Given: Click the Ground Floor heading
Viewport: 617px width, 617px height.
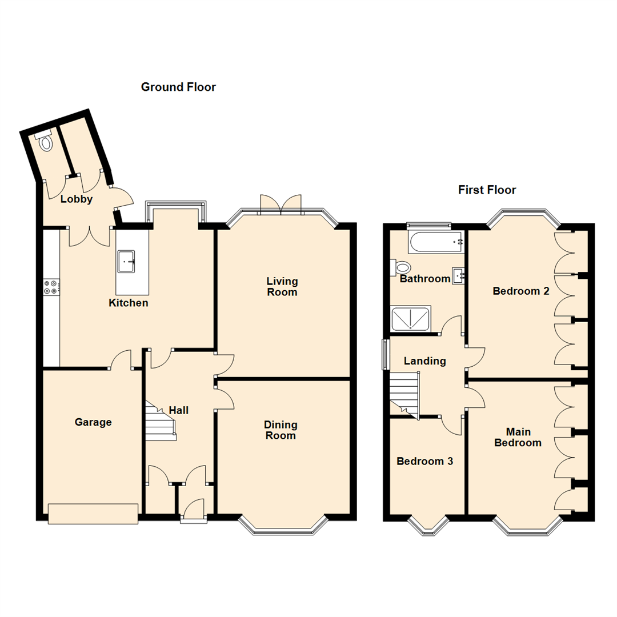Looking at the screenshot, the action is pos(178,87).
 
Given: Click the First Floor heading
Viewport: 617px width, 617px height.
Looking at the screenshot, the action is pos(487,190).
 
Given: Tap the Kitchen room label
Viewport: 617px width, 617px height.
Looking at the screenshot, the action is pos(129,303).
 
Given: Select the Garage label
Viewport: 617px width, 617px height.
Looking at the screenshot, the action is pos(93,422).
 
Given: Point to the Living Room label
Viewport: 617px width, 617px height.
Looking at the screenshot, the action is pos(282,286).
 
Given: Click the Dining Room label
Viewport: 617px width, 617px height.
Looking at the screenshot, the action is pos(281,430).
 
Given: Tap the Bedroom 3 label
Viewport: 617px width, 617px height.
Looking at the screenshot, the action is pos(424,461).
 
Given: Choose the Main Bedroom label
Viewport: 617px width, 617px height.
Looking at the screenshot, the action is pos(518,437).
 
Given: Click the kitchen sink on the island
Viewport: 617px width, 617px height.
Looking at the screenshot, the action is pos(126,261).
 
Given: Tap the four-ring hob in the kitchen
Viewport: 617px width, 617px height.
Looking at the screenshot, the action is pos(51,286).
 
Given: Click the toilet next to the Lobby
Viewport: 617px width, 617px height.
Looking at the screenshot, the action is pos(46,142).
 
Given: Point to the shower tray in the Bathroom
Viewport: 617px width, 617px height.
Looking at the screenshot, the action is pos(411,318).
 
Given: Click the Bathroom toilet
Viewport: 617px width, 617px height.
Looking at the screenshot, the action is pos(400,268).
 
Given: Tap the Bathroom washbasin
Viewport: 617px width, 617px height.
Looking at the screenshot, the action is pos(458,275).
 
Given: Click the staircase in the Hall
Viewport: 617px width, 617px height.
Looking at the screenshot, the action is pos(161,421).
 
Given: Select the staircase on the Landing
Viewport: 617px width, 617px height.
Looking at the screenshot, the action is pos(405,394).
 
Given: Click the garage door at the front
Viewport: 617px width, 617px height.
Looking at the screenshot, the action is pos(93,514).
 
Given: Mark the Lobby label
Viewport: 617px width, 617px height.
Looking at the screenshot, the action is pos(77,199).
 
